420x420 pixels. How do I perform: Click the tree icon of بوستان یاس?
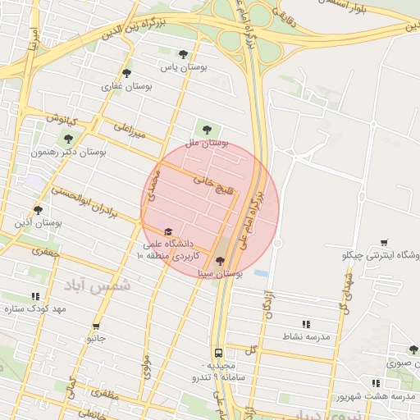183,54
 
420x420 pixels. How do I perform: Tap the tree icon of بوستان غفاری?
126,72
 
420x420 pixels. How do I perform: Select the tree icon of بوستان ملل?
206,129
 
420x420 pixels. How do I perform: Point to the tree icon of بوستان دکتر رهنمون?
68,139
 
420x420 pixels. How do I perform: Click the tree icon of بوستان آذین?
38,210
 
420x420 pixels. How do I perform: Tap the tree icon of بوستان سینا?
219,261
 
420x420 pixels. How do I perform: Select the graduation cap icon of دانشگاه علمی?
168,232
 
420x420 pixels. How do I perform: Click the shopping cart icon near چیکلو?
385,242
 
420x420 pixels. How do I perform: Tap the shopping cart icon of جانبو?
97,326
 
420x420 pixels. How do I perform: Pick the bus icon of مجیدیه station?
218,353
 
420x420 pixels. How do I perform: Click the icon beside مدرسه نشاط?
306,324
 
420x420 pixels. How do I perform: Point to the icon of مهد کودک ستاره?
34,296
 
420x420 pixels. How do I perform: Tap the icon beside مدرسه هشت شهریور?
375,383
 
